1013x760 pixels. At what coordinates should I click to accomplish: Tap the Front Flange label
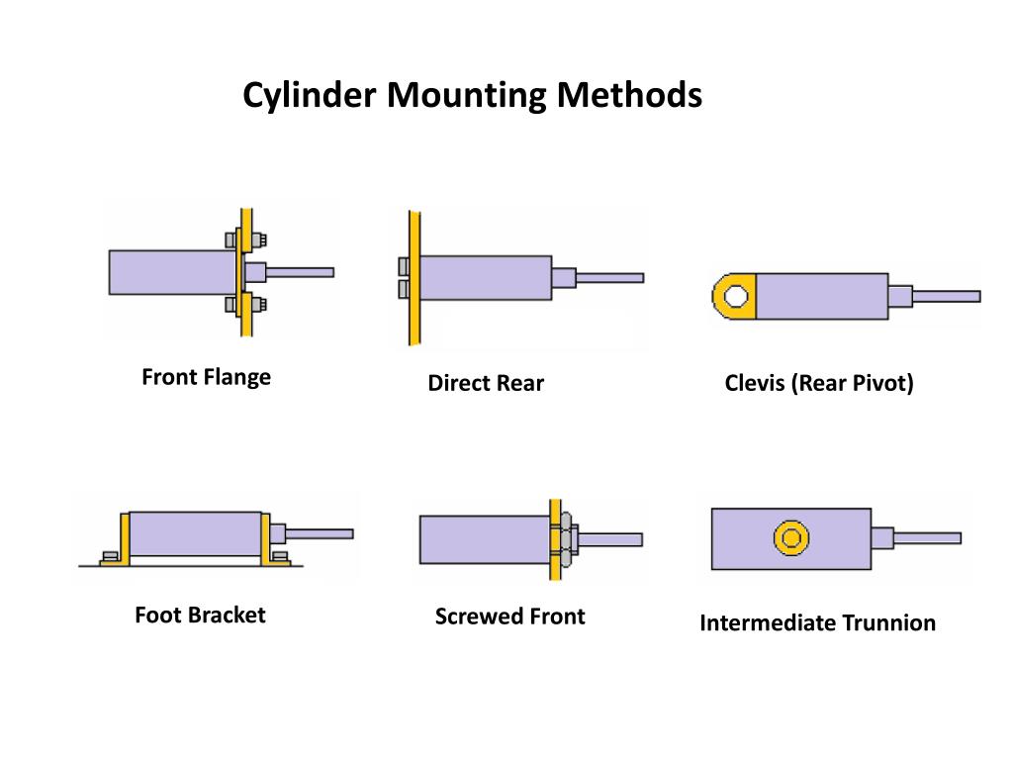tap(206, 377)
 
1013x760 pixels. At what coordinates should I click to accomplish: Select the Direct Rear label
tap(486, 384)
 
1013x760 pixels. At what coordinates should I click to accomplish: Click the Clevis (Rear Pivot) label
tap(819, 383)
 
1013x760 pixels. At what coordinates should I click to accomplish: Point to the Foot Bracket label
tap(200, 615)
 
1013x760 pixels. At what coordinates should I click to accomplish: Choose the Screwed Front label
tap(509, 617)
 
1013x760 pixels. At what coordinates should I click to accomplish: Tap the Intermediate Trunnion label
tap(817, 623)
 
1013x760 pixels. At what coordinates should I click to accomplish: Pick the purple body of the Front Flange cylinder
tap(171, 272)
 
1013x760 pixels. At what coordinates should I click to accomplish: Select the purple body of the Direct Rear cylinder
tap(485, 277)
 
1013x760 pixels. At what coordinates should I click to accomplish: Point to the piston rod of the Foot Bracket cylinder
tap(319, 533)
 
